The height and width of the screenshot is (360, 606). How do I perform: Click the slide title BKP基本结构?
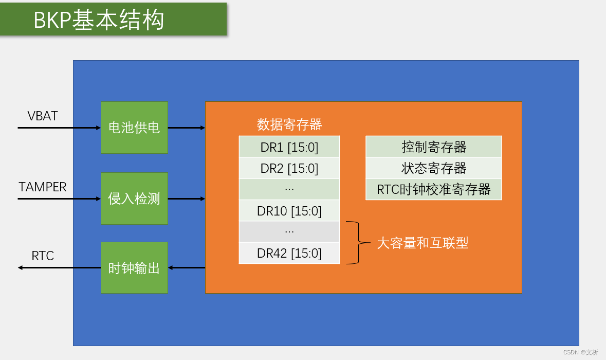(x=99, y=20)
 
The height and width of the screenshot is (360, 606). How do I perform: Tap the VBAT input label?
(x=43, y=116)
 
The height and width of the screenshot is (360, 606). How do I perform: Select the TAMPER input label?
(x=43, y=187)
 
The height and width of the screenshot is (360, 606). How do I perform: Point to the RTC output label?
(x=43, y=256)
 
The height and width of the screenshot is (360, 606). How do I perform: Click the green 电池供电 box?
(x=134, y=128)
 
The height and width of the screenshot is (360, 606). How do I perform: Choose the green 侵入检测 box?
(x=134, y=199)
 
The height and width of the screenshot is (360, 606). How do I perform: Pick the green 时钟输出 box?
(x=134, y=267)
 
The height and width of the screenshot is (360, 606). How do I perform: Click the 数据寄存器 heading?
(x=289, y=124)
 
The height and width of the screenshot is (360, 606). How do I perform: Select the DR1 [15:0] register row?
(x=289, y=148)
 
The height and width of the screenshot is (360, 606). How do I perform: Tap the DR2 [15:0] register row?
(x=289, y=168)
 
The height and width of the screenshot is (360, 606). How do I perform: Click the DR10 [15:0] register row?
(x=289, y=211)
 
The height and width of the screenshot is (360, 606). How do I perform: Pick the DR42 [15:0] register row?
(x=289, y=253)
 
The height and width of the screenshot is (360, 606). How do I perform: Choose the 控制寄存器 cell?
(x=434, y=147)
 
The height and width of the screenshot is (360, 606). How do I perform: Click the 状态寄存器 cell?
(x=434, y=168)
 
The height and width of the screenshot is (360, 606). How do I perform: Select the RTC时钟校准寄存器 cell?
(x=434, y=189)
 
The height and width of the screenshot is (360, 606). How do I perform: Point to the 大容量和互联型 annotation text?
(x=423, y=243)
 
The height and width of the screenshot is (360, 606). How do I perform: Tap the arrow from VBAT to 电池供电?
(x=59, y=128)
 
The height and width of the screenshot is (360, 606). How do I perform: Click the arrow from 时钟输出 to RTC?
(x=59, y=267)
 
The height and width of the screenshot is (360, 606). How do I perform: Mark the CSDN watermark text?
(x=580, y=352)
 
